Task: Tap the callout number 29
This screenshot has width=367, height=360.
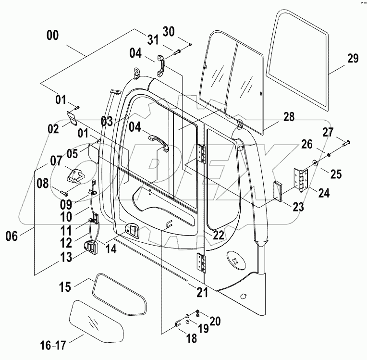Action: [353, 59]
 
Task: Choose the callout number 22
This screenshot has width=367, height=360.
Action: [219, 235]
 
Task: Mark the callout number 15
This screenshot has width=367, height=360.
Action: [65, 287]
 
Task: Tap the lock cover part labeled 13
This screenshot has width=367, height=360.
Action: [91, 247]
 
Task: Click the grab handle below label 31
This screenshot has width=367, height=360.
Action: [161, 66]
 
